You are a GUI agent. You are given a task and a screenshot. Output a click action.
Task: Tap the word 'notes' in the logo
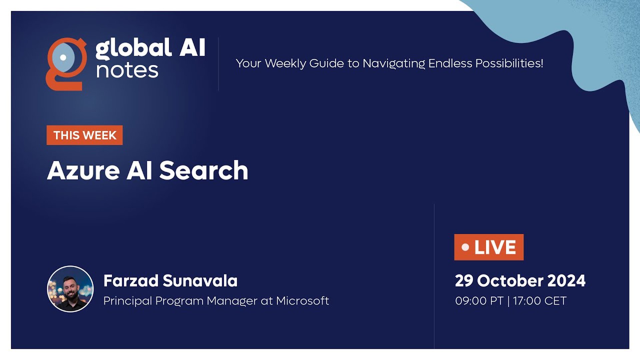tap(127, 70)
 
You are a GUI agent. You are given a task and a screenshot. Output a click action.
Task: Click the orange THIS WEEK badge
tap(85, 135)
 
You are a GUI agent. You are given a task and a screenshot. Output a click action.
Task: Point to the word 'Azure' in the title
tap(83, 171)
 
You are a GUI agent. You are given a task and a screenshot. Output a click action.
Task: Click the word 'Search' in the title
tap(204, 170)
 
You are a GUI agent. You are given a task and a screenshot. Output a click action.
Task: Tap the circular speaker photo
tap(70, 289)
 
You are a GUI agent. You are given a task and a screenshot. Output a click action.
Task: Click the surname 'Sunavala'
tap(200, 281)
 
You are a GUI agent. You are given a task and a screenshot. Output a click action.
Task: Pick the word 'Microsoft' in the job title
tap(302, 301)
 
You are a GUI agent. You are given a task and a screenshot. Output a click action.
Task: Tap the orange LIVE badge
tap(489, 247)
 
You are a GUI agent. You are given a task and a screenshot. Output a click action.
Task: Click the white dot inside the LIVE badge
tap(465, 247)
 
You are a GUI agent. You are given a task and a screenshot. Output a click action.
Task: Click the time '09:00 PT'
tap(479, 301)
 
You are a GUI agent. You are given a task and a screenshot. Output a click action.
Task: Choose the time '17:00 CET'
tap(540, 301)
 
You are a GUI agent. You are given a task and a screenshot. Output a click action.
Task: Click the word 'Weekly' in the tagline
tap(285, 63)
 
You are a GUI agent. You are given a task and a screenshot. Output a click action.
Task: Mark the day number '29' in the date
tap(464, 281)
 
